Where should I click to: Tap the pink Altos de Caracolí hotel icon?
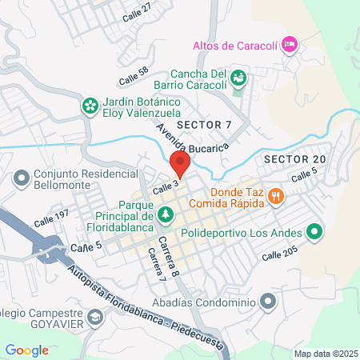coord(290,44)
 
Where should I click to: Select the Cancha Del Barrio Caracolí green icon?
coord(238,78)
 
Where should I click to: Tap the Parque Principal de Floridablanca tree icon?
coord(166,214)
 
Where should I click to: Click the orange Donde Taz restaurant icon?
coord(275,194)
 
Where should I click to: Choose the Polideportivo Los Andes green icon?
coord(315,233)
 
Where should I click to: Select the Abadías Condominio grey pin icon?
coord(267,302)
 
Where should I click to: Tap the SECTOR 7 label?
coord(203,126)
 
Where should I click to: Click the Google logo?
coord(27,350)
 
